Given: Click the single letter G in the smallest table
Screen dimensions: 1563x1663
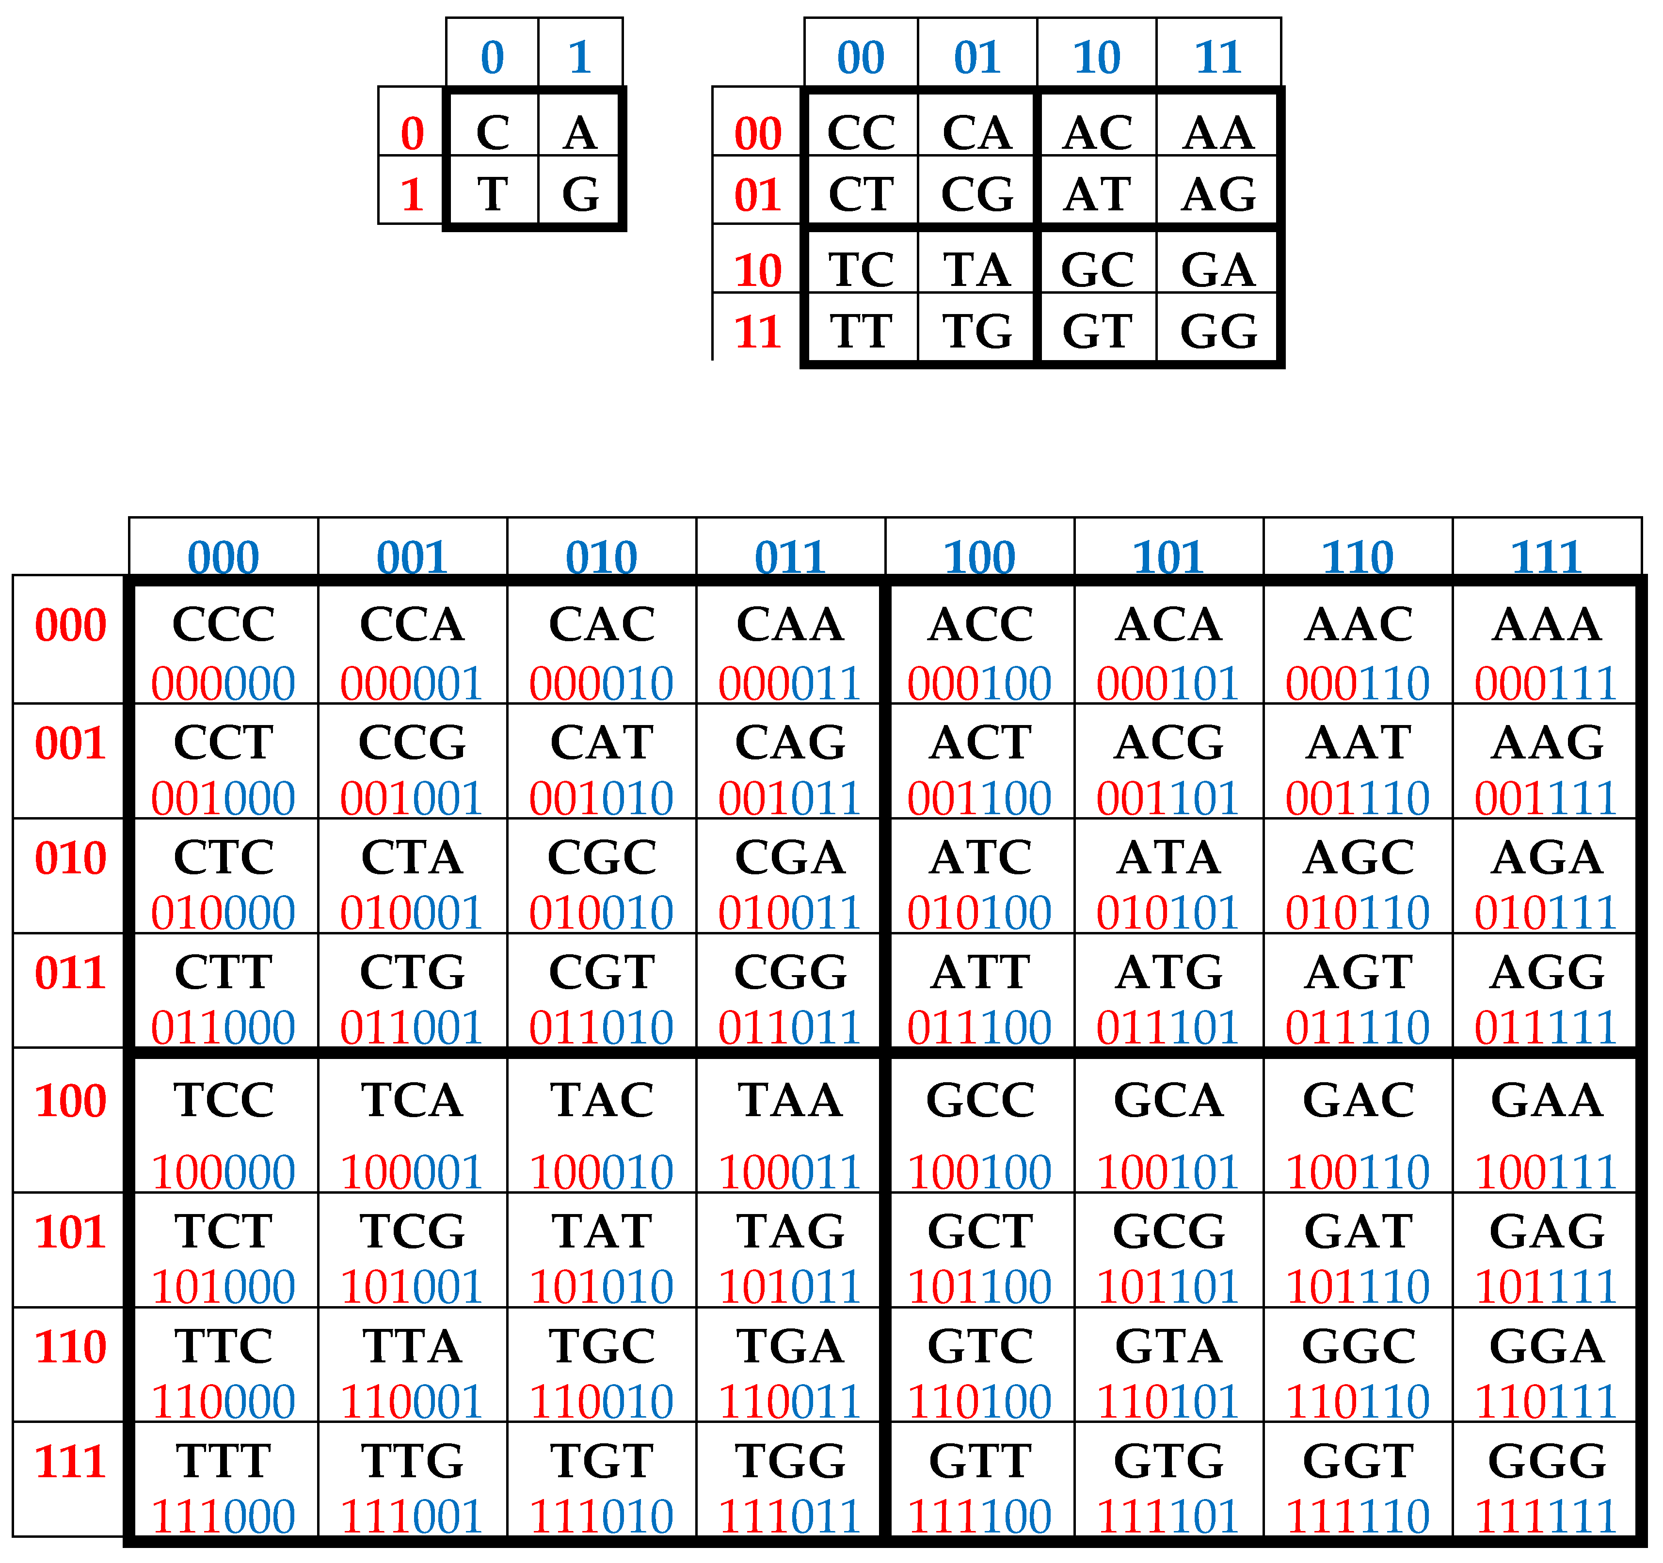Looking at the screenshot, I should pos(580,194).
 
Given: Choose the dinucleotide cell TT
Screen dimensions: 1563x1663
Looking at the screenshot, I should pos(861,331).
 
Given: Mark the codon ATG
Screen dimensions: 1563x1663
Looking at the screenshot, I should pos(1168,972).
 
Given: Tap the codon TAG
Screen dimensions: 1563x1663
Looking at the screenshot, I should pos(790,1231).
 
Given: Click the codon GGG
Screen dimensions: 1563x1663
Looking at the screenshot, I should pos(1547,1461).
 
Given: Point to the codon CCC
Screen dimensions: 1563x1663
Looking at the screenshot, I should pos(224,624).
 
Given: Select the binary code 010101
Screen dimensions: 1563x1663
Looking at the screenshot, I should pos(1168,912).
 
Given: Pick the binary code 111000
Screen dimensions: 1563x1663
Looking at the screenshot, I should pos(224,1516).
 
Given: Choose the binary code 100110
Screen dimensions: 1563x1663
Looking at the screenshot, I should pos(1357,1171).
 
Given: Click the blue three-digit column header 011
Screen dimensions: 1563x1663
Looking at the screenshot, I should pos(790,557).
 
